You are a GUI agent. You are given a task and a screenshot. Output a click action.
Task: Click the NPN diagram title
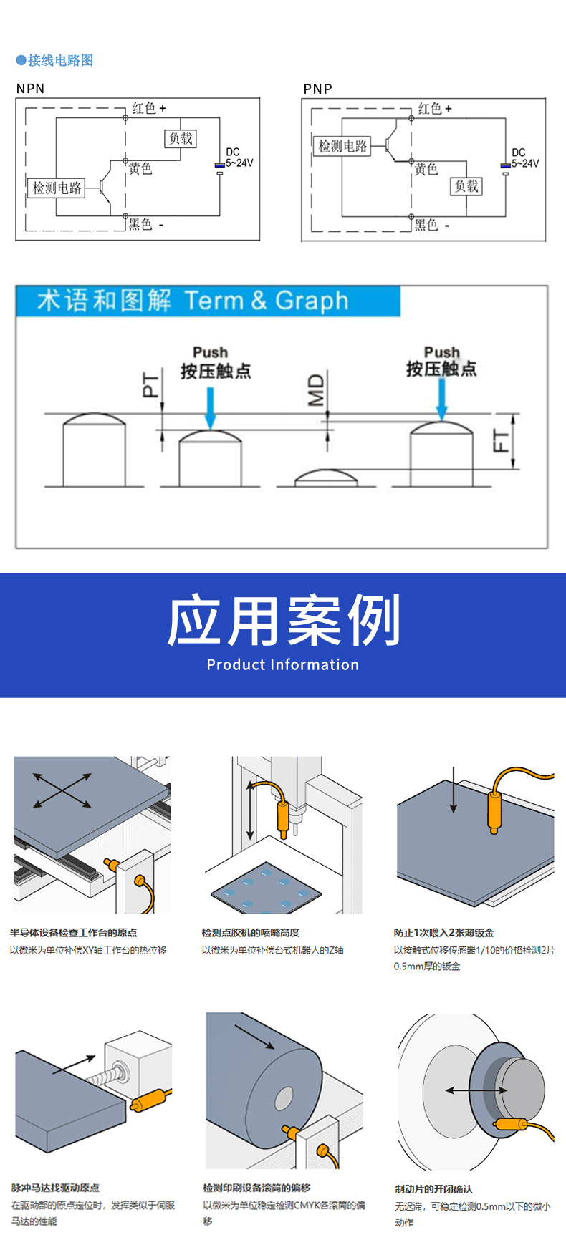[30, 89]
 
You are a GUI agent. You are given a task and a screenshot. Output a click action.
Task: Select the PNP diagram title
[317, 89]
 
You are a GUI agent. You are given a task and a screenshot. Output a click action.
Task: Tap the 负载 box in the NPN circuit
[181, 138]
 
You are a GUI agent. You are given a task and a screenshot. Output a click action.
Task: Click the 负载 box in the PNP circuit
[466, 186]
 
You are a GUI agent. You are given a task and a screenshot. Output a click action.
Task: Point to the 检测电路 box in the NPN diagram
[57, 188]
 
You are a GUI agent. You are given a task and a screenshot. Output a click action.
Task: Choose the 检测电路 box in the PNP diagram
[342, 146]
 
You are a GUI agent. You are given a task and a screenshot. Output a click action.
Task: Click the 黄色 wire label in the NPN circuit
[140, 168]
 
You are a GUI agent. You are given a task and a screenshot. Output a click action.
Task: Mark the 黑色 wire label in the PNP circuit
[427, 225]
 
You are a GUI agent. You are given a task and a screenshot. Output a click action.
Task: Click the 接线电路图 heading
[60, 61]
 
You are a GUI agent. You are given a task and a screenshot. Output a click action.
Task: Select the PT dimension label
[150, 385]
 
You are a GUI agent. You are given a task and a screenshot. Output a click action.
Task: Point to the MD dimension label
[316, 390]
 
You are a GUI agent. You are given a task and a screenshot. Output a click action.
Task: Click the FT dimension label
[502, 442]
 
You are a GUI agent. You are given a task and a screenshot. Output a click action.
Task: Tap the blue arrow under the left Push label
[210, 408]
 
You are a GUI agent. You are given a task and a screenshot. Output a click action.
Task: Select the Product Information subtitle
[283, 664]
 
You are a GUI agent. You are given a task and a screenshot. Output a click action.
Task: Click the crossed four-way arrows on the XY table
[62, 790]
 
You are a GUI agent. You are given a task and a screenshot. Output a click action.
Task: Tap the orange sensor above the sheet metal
[494, 809]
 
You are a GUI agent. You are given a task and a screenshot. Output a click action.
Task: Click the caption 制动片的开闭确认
[433, 1189]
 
